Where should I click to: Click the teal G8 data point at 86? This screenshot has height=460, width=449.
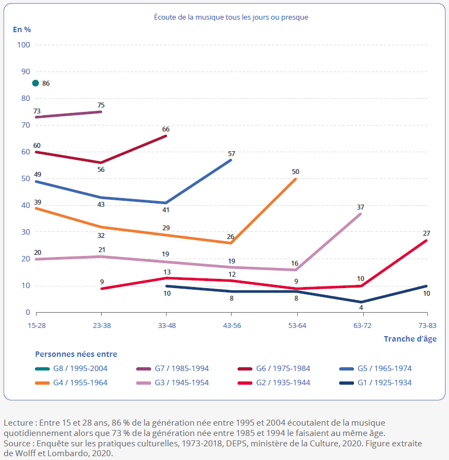click(36, 83)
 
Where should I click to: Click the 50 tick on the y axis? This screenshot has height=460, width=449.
click(26, 178)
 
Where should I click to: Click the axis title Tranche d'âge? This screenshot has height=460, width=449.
click(410, 338)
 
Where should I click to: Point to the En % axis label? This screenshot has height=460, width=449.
click(22, 29)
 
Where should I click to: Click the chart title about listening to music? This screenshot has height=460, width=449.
click(231, 17)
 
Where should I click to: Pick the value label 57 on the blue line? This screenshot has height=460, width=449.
click(231, 153)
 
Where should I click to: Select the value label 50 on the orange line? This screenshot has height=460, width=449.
click(296, 171)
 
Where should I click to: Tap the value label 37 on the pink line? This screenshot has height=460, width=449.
click(361, 207)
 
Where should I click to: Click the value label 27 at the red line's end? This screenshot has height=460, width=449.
click(426, 233)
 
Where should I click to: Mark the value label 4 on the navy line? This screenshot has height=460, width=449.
click(361, 308)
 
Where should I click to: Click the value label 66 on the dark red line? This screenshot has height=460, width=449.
click(166, 129)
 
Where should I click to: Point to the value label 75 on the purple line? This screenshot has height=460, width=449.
click(101, 105)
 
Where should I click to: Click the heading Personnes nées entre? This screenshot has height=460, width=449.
click(76, 354)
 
